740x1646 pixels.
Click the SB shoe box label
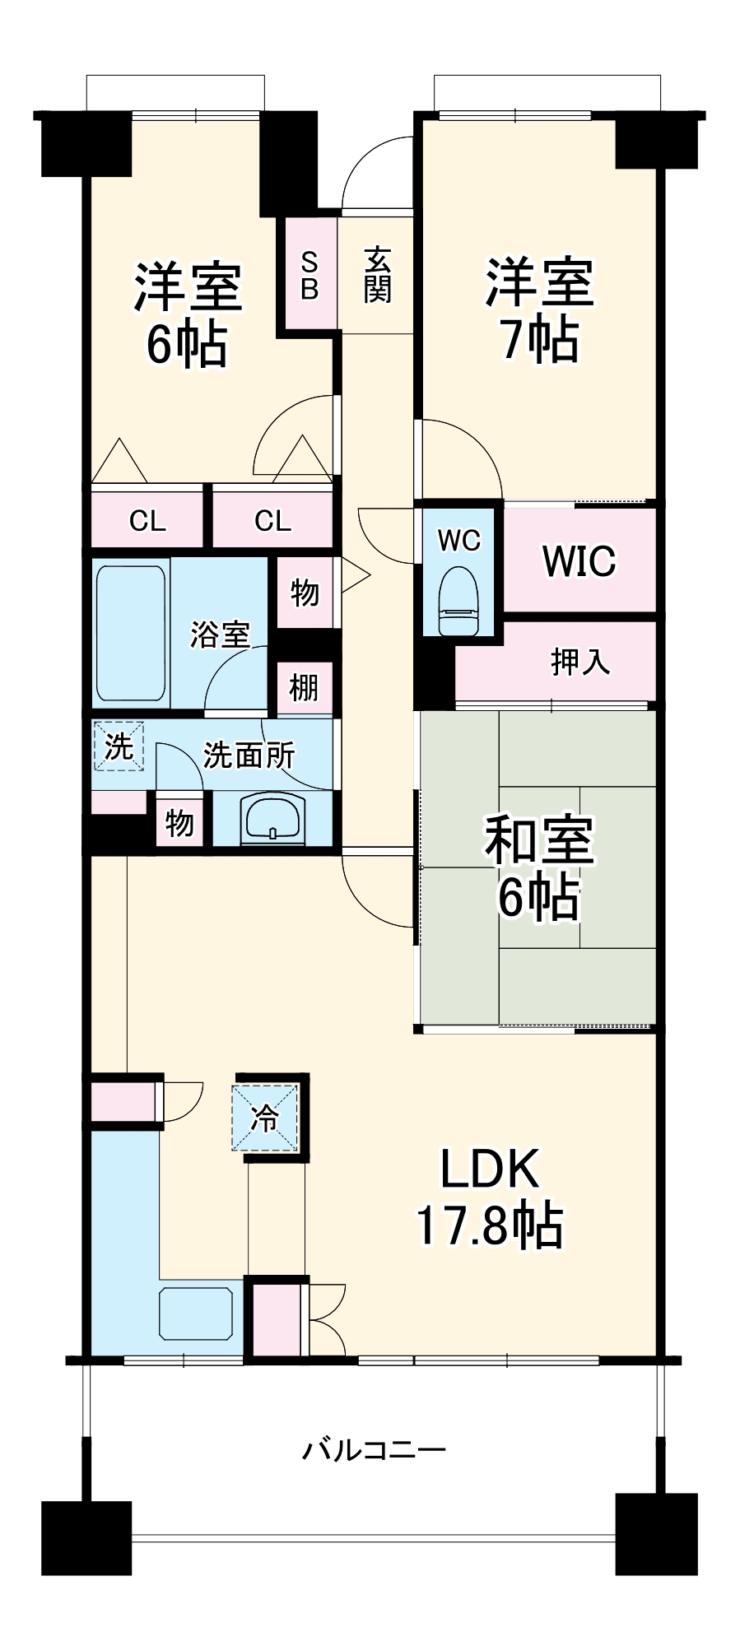(x=309, y=276)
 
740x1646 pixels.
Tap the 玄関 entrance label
(x=377, y=275)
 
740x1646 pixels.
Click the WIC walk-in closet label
(x=579, y=561)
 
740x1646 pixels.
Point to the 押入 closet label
(x=580, y=661)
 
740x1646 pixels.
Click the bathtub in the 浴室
(x=131, y=633)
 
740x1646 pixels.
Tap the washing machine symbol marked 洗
(x=119, y=746)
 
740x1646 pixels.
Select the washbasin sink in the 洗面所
(x=272, y=818)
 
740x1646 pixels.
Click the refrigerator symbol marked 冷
(x=265, y=1118)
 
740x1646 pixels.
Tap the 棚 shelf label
(x=304, y=687)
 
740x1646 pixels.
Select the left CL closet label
(x=147, y=521)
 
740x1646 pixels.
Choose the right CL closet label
(x=272, y=521)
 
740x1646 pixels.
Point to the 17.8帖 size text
(x=490, y=1226)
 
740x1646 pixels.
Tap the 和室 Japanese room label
(x=539, y=840)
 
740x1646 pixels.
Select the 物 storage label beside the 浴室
(x=305, y=593)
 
